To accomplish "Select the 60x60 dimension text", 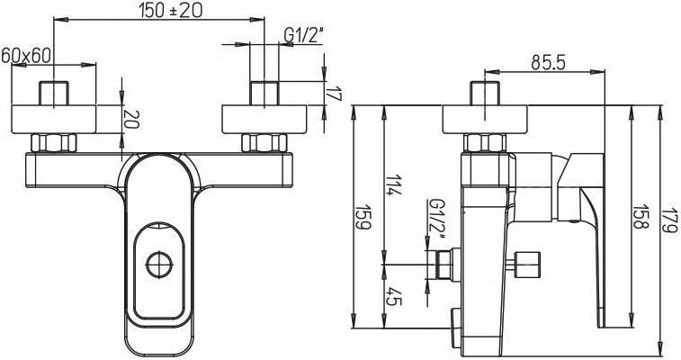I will [26, 55].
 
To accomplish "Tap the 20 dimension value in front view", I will [131, 119].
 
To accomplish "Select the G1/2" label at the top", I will [303, 35].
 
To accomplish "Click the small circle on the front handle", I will [158, 265].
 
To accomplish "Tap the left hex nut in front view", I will [56, 143].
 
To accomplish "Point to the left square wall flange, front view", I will [56, 119].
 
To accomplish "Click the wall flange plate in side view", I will [486, 119].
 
